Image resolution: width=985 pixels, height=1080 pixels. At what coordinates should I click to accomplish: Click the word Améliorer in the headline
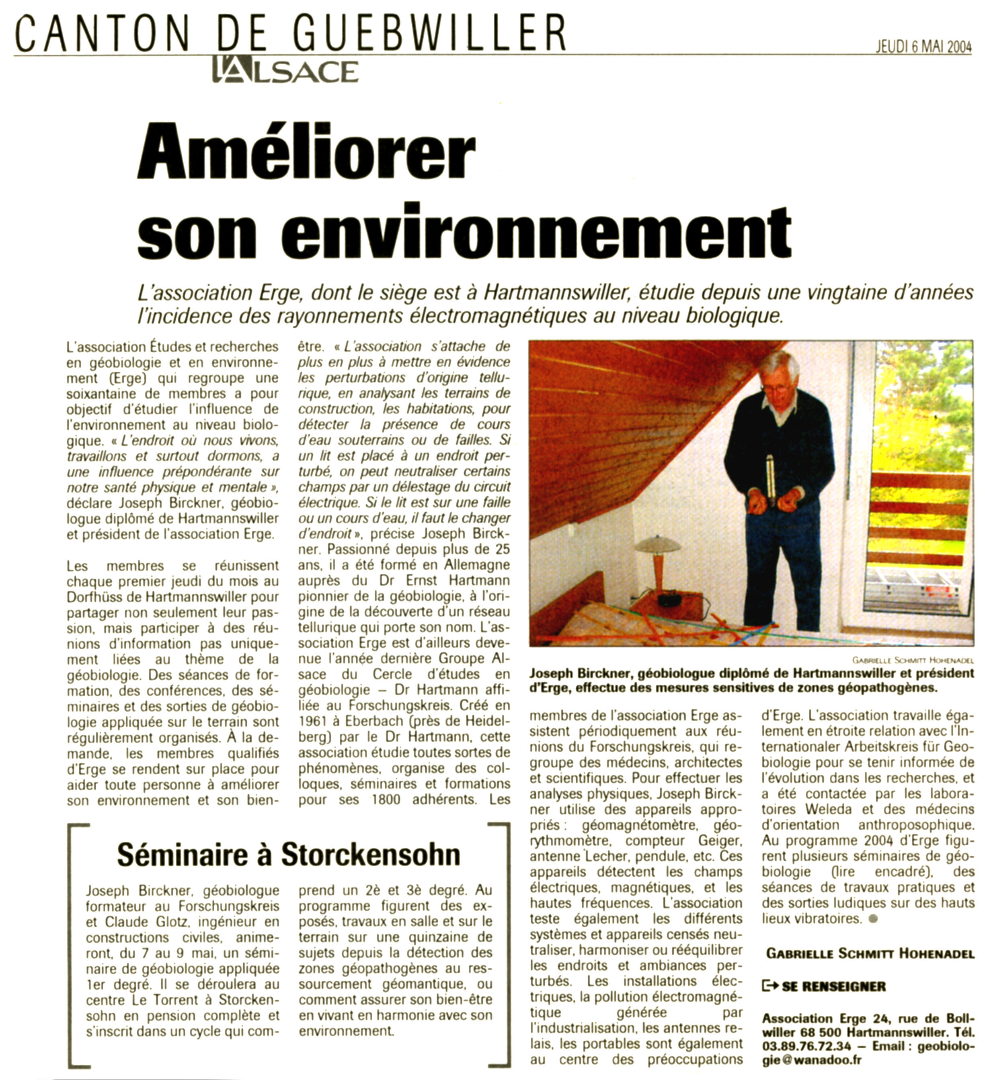306,151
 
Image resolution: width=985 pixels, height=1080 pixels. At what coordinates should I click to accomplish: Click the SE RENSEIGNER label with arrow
824,986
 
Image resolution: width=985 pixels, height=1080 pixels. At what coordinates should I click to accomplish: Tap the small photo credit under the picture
913,660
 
